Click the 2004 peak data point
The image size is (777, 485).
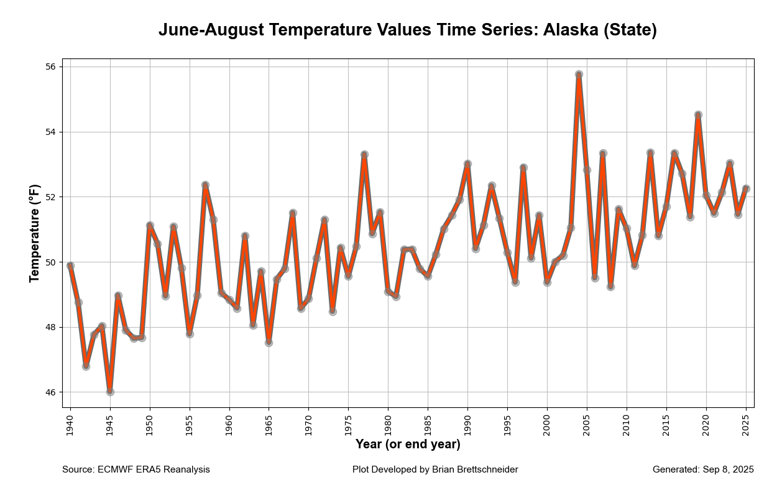click(x=579, y=75)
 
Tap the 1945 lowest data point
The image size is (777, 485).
click(x=110, y=392)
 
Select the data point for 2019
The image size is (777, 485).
click(x=698, y=115)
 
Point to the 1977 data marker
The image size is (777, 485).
click(x=364, y=154)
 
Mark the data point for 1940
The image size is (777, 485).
click(x=70, y=266)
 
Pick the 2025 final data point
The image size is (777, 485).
click(x=746, y=188)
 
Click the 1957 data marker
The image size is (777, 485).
click(x=205, y=185)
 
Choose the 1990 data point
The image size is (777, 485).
click(x=467, y=164)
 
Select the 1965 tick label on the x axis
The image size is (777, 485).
click(x=269, y=423)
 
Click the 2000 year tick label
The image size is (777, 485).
click(x=547, y=423)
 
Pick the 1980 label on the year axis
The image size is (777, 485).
click(x=388, y=423)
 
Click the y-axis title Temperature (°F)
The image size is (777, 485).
click(x=35, y=233)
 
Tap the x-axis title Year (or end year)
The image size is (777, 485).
click(x=408, y=444)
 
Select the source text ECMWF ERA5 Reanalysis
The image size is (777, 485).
click(x=154, y=469)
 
